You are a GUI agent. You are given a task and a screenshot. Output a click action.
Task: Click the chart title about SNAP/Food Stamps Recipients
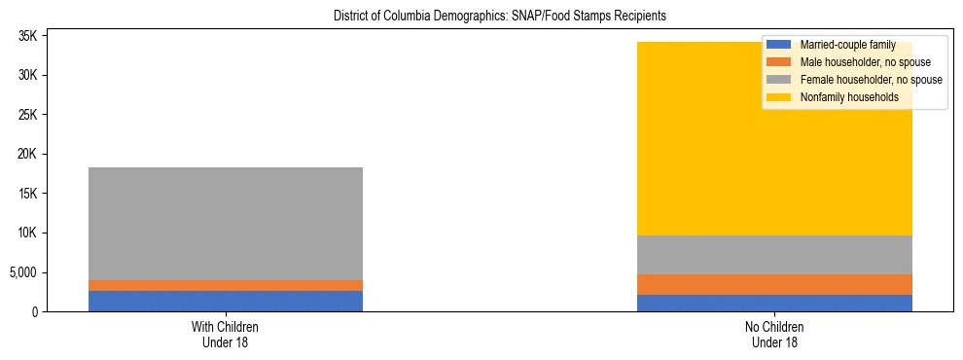click(x=500, y=17)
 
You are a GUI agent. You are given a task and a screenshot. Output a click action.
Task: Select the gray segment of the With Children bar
click(x=226, y=224)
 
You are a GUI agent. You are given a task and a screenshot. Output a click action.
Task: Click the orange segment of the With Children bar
click(x=226, y=285)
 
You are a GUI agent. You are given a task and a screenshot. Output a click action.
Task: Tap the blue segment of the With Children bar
click(x=226, y=301)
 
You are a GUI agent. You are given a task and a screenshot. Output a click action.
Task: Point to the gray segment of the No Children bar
click(x=775, y=255)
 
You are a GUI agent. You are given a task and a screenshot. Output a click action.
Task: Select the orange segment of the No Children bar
click(x=775, y=284)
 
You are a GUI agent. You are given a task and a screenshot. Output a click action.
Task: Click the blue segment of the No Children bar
click(x=775, y=303)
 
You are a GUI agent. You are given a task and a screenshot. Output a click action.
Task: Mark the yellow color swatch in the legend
click(x=779, y=97)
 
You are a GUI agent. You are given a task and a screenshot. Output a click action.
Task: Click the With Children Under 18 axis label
click(x=226, y=334)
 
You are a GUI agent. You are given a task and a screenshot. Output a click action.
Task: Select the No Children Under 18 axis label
click(x=775, y=334)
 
